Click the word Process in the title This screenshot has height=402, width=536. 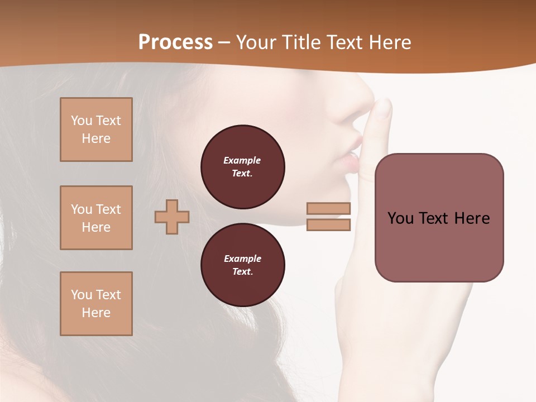[175, 42]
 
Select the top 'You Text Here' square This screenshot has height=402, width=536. [96, 130]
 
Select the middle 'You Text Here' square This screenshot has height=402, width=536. [96, 218]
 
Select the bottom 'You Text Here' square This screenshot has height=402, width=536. [96, 304]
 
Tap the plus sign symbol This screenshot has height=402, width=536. [172, 217]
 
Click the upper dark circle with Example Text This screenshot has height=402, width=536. [242, 167]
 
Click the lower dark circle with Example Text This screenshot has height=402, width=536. [242, 265]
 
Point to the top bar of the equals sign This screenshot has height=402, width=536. [328, 209]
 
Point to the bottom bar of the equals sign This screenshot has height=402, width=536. [328, 225]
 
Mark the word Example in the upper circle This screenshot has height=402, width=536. [242, 160]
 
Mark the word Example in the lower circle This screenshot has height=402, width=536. [242, 259]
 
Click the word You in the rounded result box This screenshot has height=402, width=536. [400, 218]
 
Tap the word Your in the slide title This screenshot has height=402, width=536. [255, 42]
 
